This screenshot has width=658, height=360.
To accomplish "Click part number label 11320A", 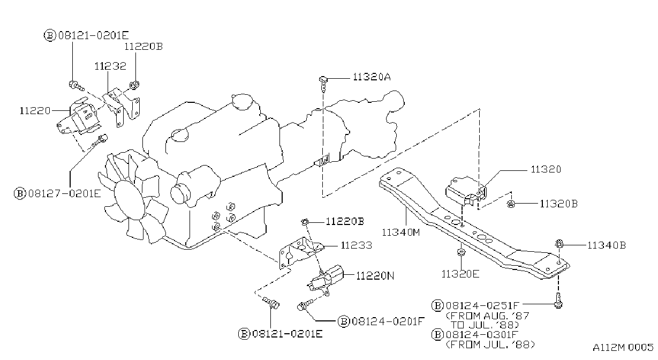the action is click(372, 77).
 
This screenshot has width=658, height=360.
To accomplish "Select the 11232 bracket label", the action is click(110, 66).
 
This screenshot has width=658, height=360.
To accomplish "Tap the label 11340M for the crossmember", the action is click(401, 232).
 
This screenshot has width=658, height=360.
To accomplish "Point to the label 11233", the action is click(357, 245).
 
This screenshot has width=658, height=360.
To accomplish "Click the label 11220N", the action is click(375, 276).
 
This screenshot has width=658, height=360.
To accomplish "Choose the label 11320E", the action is click(460, 274).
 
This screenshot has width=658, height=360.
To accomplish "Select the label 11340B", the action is click(607, 245).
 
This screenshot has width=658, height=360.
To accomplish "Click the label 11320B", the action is click(559, 204).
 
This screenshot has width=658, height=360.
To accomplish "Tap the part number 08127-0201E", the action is click(65, 194).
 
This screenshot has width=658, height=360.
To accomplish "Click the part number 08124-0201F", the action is click(388, 321).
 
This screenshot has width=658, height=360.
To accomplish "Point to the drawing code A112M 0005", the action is click(623, 347).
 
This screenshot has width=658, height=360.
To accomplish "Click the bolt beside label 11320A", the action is click(323, 84).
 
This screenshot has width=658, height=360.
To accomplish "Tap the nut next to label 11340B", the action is click(559, 244).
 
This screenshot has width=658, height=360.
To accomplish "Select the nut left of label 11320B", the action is click(511, 204).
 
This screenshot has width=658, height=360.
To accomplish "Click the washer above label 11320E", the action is click(461, 252).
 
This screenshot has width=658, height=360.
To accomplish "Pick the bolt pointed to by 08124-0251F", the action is click(558, 301).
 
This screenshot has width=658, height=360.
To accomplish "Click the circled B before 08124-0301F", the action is click(437, 335).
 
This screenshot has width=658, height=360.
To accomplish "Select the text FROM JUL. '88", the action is click(490, 344).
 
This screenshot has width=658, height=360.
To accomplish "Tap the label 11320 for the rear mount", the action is click(546, 169).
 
